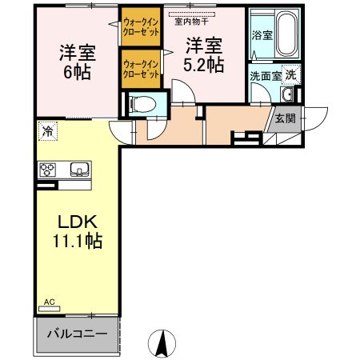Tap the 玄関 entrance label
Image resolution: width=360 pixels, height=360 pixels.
285,118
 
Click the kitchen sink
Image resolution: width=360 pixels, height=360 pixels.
79,170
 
